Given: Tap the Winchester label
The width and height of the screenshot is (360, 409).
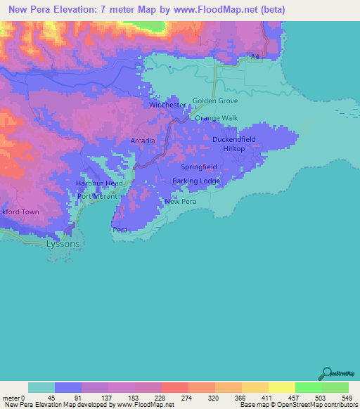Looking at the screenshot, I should pyautogui.click(x=168, y=105).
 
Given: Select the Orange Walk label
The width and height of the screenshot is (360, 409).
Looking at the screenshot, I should pyautogui.click(x=217, y=118).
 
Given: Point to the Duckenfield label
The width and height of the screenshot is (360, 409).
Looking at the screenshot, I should pyautogui.click(x=234, y=139).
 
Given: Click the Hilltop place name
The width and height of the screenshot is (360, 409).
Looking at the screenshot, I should pyautogui.click(x=234, y=149).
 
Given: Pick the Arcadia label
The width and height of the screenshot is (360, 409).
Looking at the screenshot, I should pyautogui.click(x=143, y=141).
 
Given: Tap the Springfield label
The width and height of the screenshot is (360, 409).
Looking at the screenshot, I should pyautogui.click(x=199, y=168).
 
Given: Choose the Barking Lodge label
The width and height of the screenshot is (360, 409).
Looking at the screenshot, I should pyautogui.click(x=196, y=181).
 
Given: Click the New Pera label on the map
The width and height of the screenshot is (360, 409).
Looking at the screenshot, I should pyautogui.click(x=179, y=202).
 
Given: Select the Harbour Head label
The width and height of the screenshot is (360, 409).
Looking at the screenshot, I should pyautogui.click(x=99, y=183).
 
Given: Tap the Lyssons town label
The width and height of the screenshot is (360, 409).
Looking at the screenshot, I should pyautogui.click(x=63, y=243).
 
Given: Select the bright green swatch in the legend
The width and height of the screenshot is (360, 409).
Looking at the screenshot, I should pyautogui.click(x=308, y=387).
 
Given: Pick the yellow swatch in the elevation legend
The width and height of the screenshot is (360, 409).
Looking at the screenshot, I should pyautogui.click(x=255, y=387).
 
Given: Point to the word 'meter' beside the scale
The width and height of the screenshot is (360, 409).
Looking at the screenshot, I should pyautogui.click(x=10, y=397).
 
